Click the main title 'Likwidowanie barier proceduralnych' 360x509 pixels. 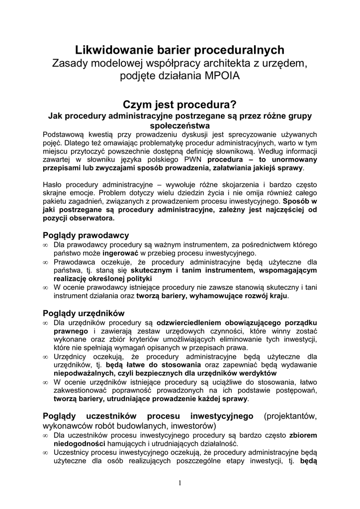(x=180, y=50)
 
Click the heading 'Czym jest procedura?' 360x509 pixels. (x=180, y=105)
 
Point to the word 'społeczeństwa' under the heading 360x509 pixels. (x=180, y=126)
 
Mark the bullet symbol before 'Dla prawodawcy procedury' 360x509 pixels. (x=45, y=245)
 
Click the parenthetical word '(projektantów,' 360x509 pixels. (x=291, y=416)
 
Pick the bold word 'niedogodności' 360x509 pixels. (x=80, y=443)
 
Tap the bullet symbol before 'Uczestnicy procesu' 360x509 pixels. (x=45, y=452)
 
